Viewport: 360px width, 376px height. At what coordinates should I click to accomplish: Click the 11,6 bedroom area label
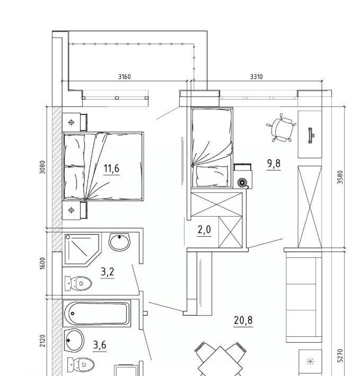click(x=111, y=168)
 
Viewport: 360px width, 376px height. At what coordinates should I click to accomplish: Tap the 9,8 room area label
click(x=274, y=164)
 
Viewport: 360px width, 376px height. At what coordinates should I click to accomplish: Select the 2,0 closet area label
click(x=204, y=230)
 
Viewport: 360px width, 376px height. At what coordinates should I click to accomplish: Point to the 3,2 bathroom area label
click(x=108, y=272)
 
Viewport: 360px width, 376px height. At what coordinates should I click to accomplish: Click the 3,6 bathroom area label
click(x=100, y=345)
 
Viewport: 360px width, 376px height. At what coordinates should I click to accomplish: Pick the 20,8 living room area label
click(x=243, y=320)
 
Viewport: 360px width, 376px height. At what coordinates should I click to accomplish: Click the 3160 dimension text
click(x=124, y=77)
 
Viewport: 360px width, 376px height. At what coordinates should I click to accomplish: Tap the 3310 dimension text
click(x=256, y=77)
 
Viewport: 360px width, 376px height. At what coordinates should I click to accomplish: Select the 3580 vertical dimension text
click(x=340, y=177)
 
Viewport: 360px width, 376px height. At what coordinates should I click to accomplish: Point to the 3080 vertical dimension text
click(x=42, y=167)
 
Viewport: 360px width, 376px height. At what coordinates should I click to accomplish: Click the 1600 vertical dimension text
click(x=42, y=263)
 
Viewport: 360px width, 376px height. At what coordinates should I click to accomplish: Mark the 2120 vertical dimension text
click(x=42, y=341)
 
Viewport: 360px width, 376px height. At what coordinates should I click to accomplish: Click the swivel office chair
click(x=282, y=128)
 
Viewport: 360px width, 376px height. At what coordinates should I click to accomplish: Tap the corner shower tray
click(x=82, y=249)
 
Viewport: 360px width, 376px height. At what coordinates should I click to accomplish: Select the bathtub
click(x=96, y=313)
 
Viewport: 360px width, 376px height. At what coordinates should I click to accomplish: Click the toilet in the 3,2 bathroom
click(x=78, y=283)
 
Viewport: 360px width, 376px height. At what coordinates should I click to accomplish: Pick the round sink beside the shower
click(x=119, y=242)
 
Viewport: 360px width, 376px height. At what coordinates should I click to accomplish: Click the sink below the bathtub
click(x=74, y=341)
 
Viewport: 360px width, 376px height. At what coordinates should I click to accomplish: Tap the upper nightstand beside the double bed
click(x=75, y=122)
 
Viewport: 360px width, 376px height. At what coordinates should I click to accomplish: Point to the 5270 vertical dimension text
click(x=340, y=356)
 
